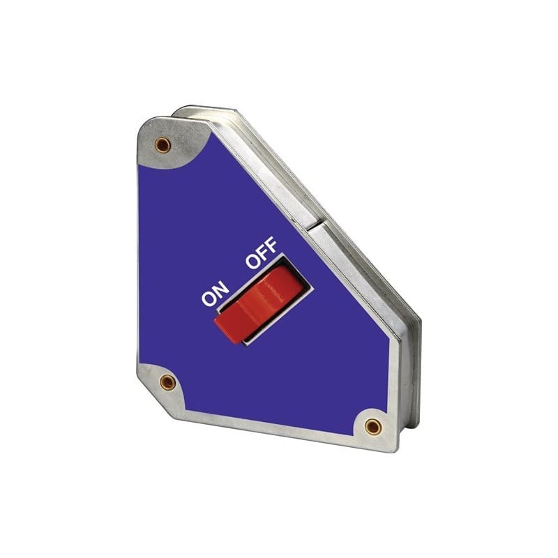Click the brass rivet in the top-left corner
163,144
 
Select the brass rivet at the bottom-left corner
167,381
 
